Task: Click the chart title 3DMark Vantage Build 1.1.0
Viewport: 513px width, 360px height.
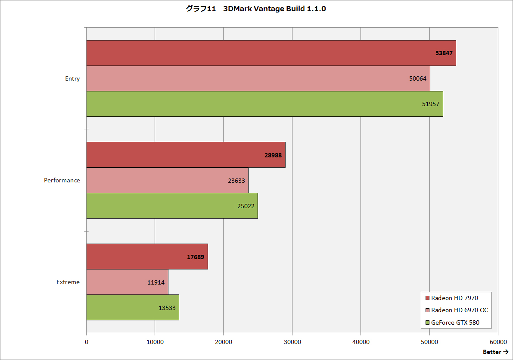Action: pos(256,9)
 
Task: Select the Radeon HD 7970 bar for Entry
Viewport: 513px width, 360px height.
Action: pos(271,53)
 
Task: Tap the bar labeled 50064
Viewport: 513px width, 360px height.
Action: pos(258,78)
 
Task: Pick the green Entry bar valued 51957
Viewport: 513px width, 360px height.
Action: pos(264,104)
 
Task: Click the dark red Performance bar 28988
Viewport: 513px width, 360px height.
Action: pos(186,155)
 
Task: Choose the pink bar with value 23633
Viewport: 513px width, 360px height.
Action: pos(167,180)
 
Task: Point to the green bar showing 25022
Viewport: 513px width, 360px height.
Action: pos(172,206)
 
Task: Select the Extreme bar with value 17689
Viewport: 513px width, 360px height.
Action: pos(147,257)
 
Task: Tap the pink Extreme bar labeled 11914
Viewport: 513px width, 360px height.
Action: pos(127,282)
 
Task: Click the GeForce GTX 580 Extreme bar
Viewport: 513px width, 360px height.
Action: pos(132,307)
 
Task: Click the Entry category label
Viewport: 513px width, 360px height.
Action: pos(72,78)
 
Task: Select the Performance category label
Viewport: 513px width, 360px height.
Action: pos(62,180)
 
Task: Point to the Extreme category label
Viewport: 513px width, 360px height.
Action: pos(68,282)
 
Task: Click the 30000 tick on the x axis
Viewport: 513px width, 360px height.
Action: pos(292,342)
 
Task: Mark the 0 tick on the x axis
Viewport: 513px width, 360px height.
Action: pos(87,342)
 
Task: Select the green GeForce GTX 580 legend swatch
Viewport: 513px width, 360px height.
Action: pos(427,322)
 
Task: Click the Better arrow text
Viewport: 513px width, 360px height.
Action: pos(495,352)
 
